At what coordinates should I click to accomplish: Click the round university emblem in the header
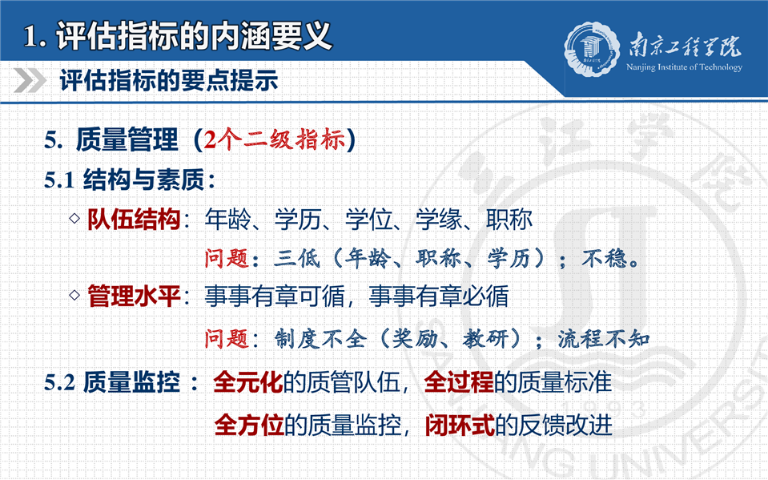(x=592, y=49)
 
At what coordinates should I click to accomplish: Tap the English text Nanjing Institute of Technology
(x=684, y=67)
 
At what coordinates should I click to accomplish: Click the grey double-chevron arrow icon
(x=30, y=80)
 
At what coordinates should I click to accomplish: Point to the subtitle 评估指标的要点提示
(x=169, y=80)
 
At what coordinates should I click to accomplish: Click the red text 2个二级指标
(x=274, y=140)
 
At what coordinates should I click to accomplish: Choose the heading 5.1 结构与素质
(x=130, y=179)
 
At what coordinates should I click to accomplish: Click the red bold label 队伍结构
(x=134, y=219)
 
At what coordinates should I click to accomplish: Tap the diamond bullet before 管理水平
(x=74, y=295)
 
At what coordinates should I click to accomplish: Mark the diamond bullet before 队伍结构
(x=74, y=218)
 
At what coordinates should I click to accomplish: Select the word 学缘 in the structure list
(x=439, y=219)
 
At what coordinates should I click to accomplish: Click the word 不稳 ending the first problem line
(x=605, y=258)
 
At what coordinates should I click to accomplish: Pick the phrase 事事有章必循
(x=439, y=296)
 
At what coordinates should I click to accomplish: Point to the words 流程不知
(x=604, y=338)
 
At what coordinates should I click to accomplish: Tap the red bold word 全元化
(x=248, y=382)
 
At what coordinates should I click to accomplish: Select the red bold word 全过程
(x=459, y=382)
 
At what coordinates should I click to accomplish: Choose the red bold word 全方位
(x=249, y=425)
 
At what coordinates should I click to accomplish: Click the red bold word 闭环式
(x=460, y=425)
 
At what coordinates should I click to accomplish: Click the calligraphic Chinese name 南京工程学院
(x=685, y=46)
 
